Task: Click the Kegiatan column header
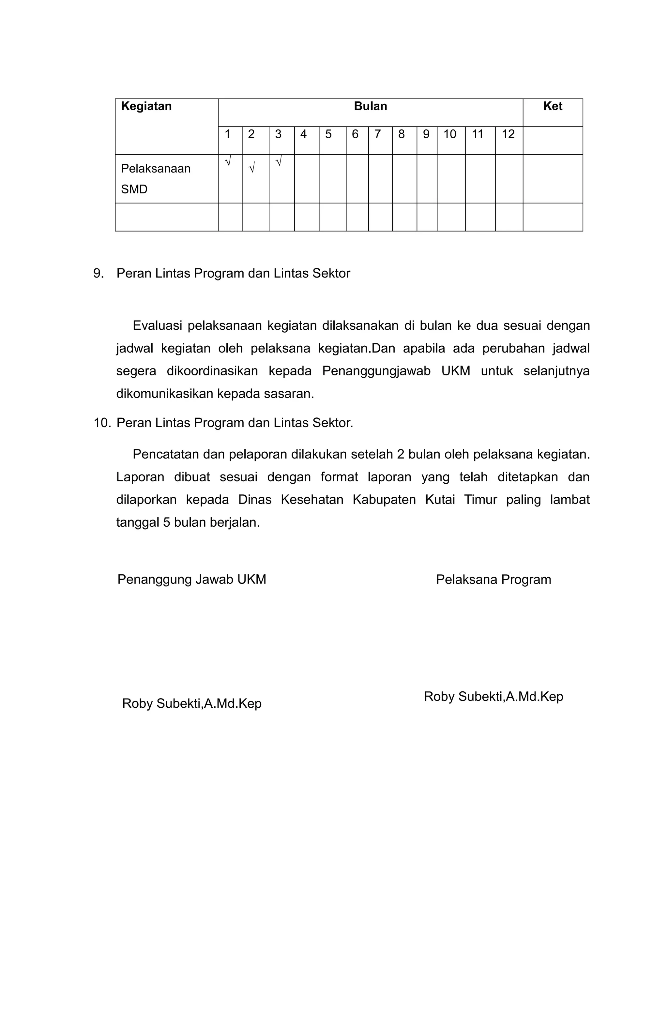point(146,106)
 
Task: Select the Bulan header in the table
point(370,106)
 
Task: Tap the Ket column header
point(552,106)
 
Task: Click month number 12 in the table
point(508,134)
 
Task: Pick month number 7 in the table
point(377,134)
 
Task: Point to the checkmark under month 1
point(228,162)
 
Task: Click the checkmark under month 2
point(252,167)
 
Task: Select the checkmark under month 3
point(279,162)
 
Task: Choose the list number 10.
point(102,423)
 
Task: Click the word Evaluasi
point(157,325)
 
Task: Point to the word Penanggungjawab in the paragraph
point(376,371)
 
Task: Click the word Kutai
point(440,500)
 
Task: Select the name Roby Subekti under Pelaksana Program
point(493,696)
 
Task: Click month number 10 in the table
point(450,134)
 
